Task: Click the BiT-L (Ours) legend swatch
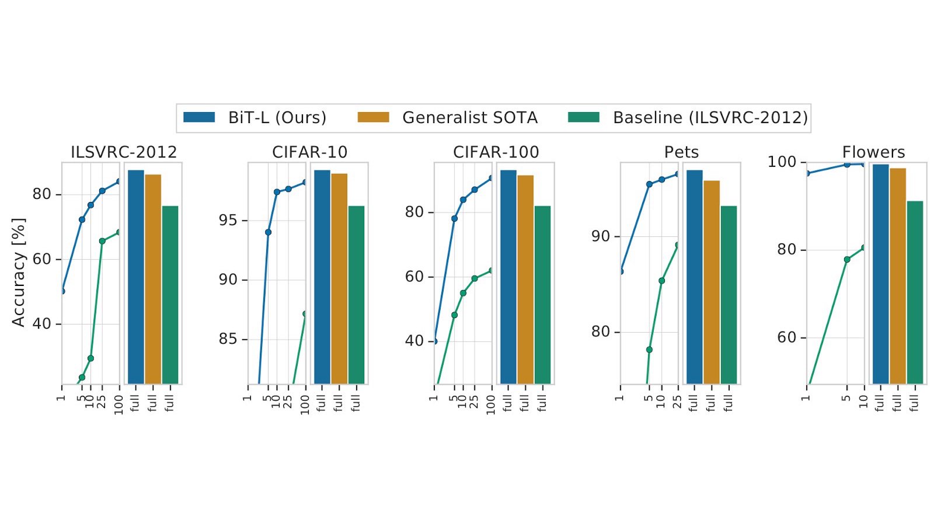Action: [x=199, y=117]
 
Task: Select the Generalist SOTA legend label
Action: [x=469, y=118]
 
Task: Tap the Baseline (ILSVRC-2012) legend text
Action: [x=710, y=118]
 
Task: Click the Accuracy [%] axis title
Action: [x=19, y=272]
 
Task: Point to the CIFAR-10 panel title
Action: [x=309, y=152]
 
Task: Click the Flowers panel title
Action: [x=873, y=152]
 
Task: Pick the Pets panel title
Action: [x=681, y=152]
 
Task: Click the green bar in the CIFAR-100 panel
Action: [x=542, y=295]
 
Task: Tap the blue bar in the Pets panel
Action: [x=694, y=277]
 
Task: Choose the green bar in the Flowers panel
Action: [x=915, y=292]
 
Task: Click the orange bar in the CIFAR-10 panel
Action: [x=339, y=278]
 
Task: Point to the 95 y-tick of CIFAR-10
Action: [x=228, y=221]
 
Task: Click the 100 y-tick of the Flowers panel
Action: [x=782, y=162]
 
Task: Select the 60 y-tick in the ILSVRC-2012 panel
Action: [x=42, y=259]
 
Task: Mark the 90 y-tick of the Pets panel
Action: [x=600, y=236]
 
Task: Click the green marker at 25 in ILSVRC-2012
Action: [x=102, y=241]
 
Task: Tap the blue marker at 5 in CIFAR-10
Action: [x=268, y=232]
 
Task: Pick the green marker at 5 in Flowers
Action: [x=847, y=259]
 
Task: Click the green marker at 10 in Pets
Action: [x=661, y=281]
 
